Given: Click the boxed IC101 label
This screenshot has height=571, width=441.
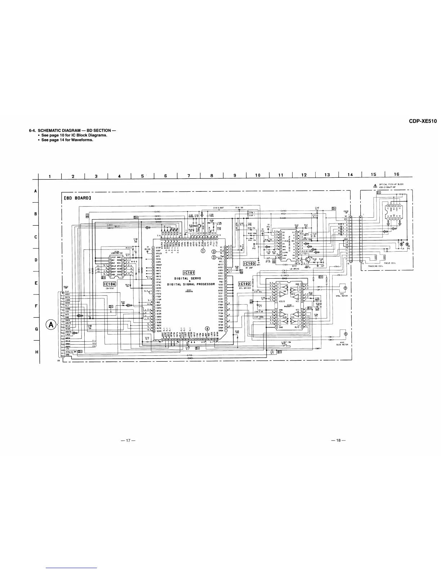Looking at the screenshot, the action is (x=189, y=272).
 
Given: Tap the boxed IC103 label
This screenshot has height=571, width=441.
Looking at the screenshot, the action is (x=249, y=264).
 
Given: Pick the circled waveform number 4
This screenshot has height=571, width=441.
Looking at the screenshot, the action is (x=207, y=328).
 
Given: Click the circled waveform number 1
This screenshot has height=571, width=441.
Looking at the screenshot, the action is (x=202, y=251).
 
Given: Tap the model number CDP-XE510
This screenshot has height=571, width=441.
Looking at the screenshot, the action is (x=423, y=121).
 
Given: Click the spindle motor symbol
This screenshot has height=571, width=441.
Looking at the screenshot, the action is (x=345, y=288).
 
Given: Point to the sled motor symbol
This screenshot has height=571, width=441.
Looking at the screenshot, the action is (x=345, y=334).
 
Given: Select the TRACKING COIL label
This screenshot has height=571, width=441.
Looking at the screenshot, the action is (x=375, y=266).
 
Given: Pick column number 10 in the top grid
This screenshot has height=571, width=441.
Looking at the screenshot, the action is (x=258, y=175).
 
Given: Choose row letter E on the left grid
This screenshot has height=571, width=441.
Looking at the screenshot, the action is (x=36, y=283).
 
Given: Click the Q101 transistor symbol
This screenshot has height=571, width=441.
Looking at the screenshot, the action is (x=307, y=260).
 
